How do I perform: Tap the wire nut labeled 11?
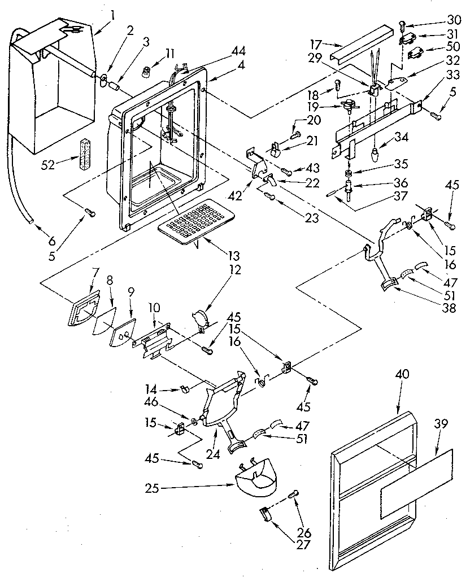[149, 72]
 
